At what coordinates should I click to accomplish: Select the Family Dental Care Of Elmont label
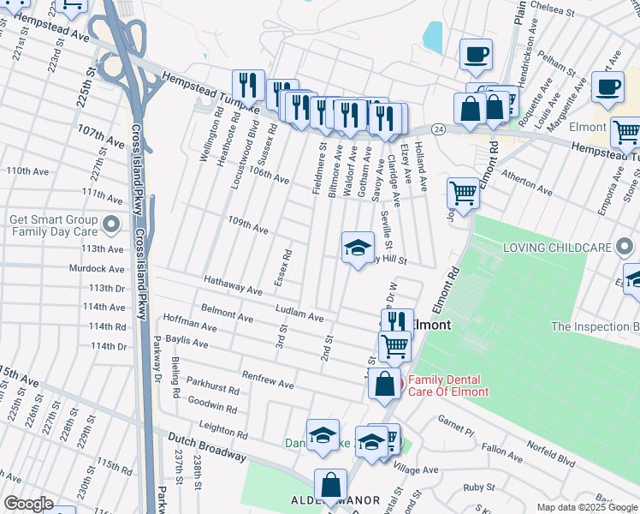[447, 385]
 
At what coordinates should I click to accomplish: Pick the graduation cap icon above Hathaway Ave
[358, 248]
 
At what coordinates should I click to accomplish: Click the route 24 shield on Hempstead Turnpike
[438, 128]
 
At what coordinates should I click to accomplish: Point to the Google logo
[28, 504]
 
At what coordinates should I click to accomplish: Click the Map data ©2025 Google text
[586, 507]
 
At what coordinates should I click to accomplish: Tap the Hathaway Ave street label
[233, 285]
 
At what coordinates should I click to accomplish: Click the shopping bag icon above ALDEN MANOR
[329, 485]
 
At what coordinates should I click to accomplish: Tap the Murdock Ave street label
[98, 268]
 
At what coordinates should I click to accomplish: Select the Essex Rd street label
[288, 266]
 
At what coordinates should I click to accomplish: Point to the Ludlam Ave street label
[299, 313]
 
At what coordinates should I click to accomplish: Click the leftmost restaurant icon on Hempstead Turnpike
[247, 84]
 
